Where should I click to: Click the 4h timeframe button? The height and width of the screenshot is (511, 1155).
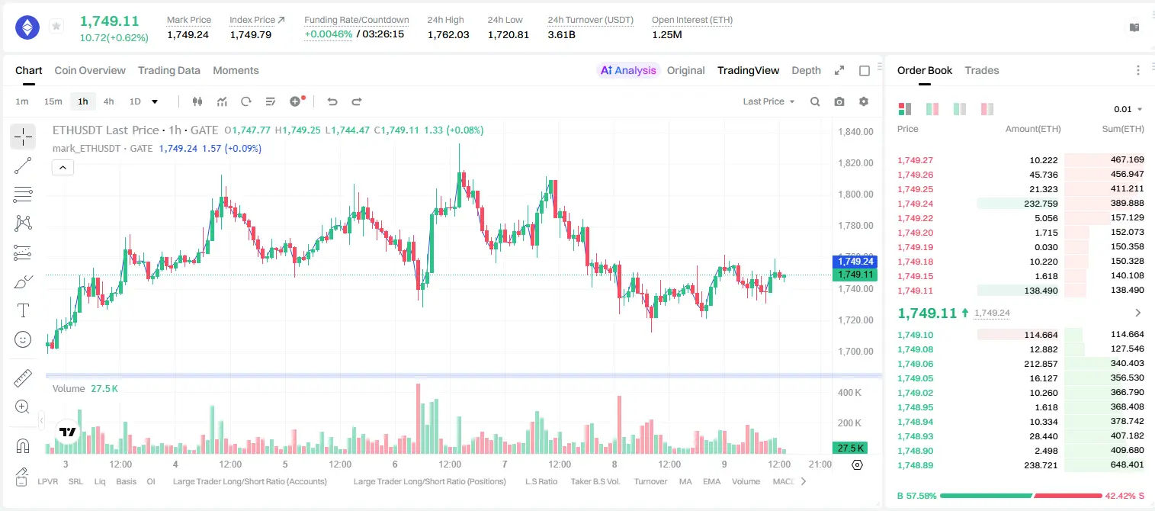click(108, 101)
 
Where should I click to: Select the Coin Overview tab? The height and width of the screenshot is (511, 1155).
click(90, 70)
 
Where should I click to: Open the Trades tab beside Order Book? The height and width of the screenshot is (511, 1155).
click(982, 70)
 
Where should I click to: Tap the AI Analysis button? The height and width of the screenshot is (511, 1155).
click(628, 70)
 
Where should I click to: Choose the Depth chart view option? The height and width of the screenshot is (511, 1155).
click(806, 70)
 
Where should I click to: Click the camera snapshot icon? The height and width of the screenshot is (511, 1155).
click(839, 101)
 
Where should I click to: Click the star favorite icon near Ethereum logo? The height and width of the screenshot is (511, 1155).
click(56, 26)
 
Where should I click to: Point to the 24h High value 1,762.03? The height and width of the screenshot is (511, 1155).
click(448, 34)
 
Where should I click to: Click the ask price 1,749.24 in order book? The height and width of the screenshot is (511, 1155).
click(916, 204)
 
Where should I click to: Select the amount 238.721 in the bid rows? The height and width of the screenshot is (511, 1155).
click(1041, 465)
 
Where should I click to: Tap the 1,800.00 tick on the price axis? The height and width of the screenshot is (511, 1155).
click(856, 194)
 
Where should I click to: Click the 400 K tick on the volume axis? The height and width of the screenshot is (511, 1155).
click(850, 393)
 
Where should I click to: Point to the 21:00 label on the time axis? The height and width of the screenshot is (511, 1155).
click(820, 464)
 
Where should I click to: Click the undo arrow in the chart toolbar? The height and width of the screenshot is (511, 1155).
click(332, 101)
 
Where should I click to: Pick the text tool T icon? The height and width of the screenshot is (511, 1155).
click(23, 310)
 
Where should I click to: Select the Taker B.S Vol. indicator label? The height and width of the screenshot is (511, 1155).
click(595, 481)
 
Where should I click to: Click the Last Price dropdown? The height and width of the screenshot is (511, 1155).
click(768, 101)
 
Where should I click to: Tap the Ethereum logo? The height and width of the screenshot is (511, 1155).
click(27, 27)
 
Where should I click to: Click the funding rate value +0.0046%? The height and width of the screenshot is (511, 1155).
click(329, 34)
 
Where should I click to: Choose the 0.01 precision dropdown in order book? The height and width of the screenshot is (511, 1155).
click(1128, 109)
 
